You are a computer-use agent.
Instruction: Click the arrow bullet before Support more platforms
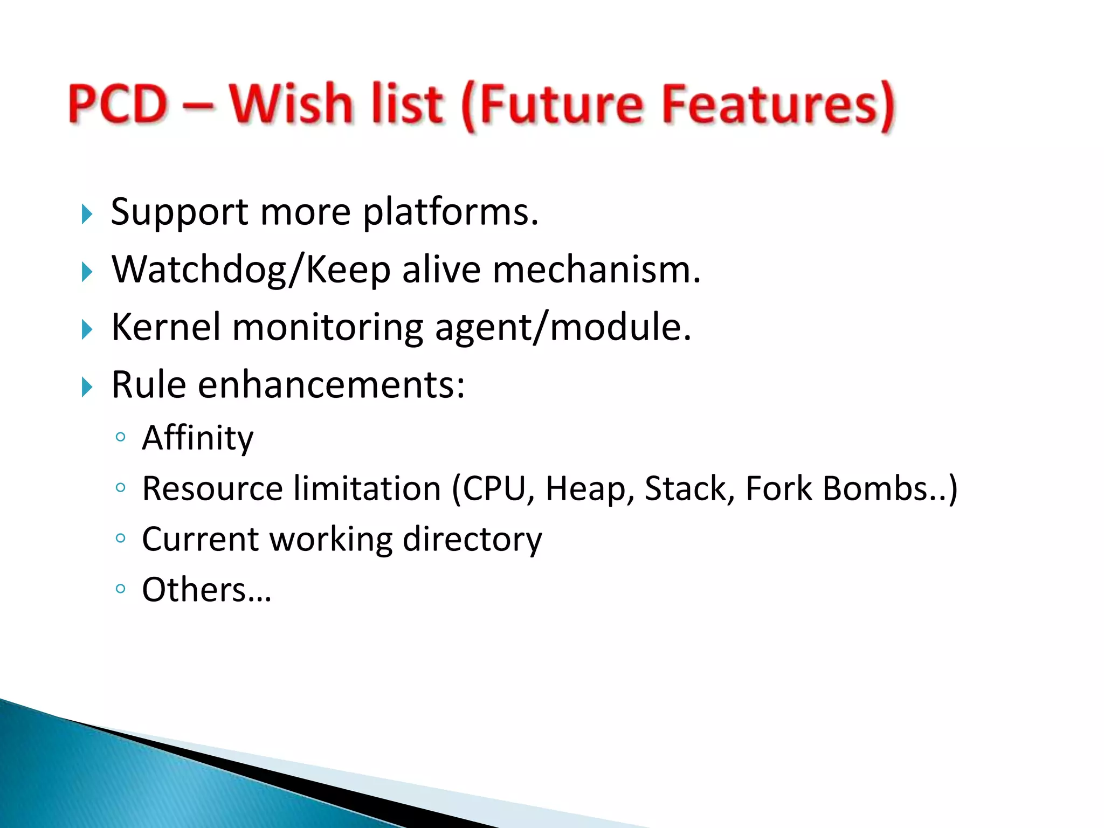[87, 214]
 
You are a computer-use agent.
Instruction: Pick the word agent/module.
[563, 328]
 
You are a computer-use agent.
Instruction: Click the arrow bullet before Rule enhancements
[87, 387]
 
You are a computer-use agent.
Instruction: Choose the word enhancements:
[331, 385]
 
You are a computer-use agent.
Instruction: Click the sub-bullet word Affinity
[197, 438]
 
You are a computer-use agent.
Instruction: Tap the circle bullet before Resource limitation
[121, 488]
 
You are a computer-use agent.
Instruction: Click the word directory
[472, 539]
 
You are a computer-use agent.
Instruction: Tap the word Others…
[206, 589]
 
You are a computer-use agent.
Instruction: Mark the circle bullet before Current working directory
[121, 538]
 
